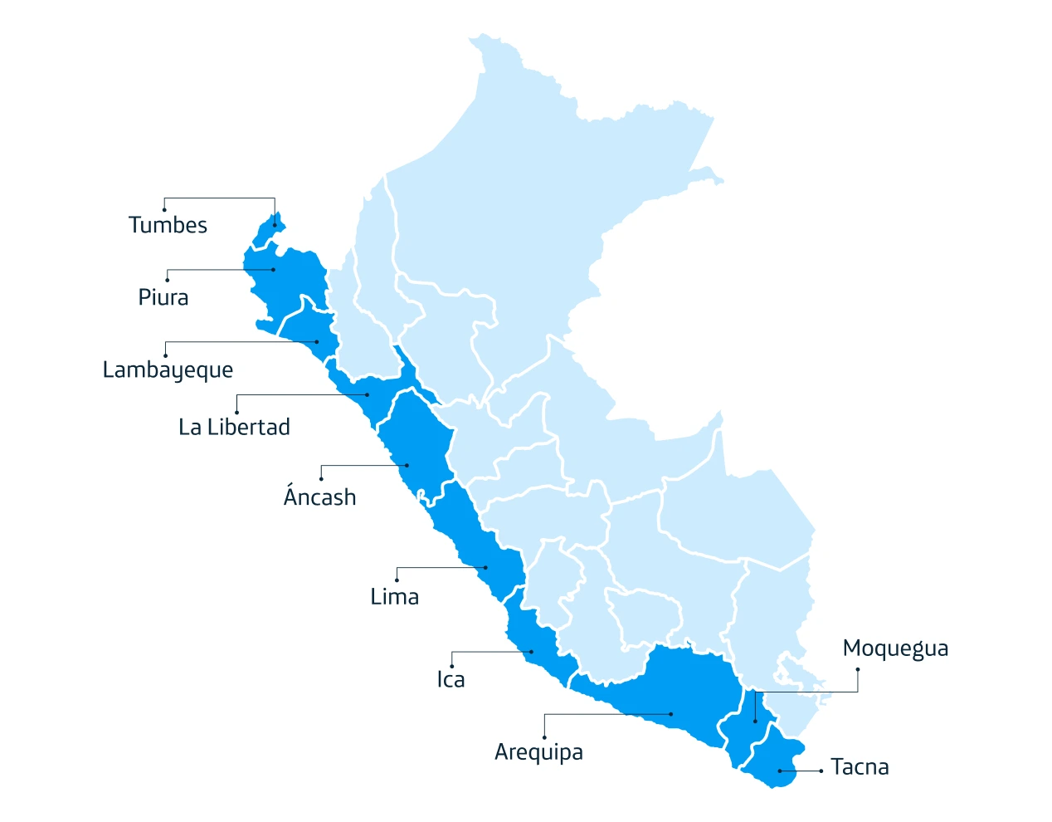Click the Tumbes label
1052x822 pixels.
168,225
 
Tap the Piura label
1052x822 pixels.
163,297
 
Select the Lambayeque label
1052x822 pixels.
168,369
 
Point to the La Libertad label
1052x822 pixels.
234,427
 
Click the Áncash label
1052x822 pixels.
319,497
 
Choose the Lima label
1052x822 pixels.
394,596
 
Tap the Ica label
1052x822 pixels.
451,679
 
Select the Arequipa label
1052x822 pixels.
538,751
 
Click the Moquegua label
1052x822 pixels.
895,648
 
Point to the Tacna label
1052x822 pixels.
860,766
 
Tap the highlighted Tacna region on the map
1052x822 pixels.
777,760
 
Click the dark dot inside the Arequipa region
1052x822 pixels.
671,714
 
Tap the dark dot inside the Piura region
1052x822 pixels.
274,270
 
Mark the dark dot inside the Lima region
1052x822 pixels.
486,568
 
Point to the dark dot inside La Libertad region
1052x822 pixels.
368,394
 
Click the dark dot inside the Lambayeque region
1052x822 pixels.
317,341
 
